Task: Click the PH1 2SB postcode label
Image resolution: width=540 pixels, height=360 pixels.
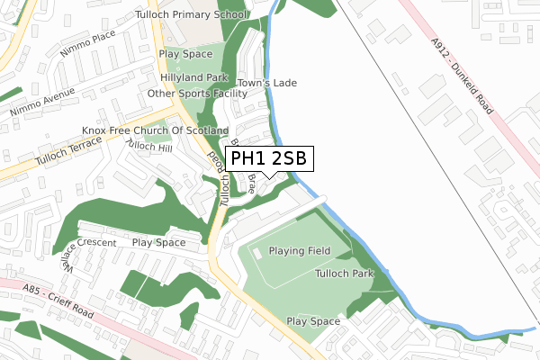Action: tap(269, 158)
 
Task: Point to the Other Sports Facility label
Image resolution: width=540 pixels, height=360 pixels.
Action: tap(197, 94)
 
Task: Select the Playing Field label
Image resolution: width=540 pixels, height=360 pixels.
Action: tap(299, 250)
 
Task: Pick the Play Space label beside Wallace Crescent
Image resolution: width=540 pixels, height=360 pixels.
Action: tap(158, 242)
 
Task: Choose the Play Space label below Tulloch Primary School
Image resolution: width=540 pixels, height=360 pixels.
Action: tap(185, 54)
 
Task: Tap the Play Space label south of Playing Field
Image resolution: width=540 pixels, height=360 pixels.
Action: tap(313, 321)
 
